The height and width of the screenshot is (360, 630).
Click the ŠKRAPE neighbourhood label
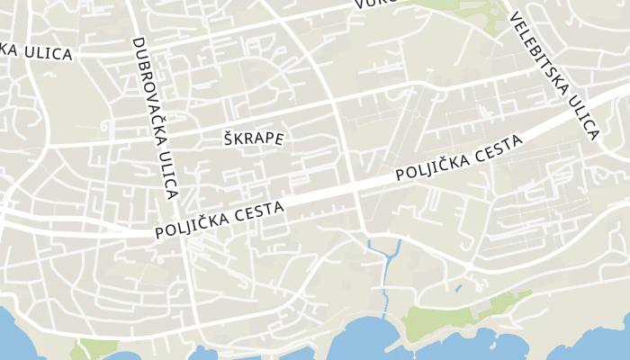[x=253, y=139]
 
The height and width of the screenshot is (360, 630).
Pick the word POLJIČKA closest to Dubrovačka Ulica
[x=195, y=222]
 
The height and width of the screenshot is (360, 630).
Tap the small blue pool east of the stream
[x=458, y=289]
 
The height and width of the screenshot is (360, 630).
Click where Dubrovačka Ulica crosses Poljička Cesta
[x=184, y=229]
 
